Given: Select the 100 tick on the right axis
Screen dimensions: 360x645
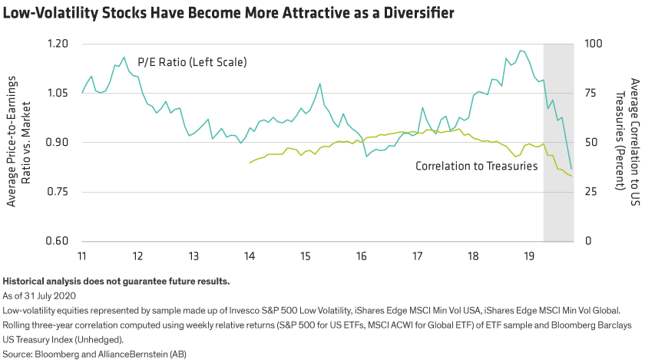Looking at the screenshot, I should (x=593, y=44).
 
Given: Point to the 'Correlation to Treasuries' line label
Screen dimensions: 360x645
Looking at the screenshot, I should (x=476, y=166).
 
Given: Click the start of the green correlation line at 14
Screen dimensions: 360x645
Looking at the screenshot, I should (x=249, y=163).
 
